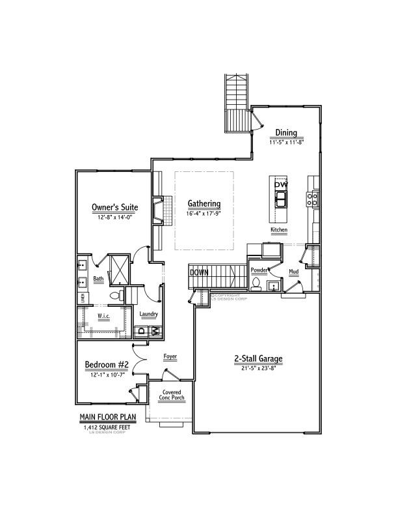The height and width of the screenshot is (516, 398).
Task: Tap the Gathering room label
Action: point(204,203)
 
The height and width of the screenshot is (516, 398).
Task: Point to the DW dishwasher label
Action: point(280,185)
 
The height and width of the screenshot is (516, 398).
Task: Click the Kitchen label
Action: point(279,230)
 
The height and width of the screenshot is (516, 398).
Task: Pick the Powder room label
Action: point(259,269)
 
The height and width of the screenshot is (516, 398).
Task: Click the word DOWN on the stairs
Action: point(199,272)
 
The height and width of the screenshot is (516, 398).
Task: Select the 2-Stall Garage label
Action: point(258,359)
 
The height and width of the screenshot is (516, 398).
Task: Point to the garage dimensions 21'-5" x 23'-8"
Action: point(258,369)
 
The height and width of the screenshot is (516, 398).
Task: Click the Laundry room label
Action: point(149,314)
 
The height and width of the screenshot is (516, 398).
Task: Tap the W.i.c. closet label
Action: point(103,317)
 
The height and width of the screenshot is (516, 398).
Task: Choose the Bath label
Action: point(98,279)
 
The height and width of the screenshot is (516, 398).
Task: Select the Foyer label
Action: point(170,357)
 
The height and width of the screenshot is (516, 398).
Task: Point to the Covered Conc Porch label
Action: point(172,395)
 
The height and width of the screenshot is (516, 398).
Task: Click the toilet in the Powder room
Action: point(257,284)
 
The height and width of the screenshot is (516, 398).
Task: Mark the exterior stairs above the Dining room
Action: point(236,103)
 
